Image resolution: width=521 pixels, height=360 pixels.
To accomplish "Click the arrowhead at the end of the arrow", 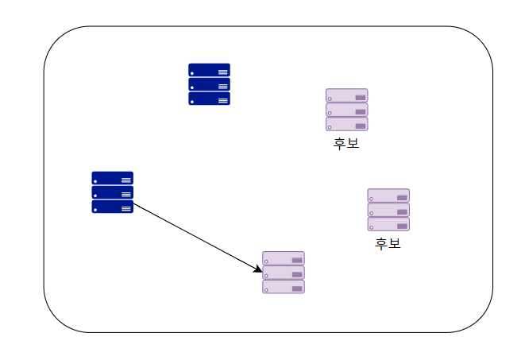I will (x=258, y=270).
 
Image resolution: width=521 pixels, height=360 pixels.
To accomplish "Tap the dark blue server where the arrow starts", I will (x=112, y=192).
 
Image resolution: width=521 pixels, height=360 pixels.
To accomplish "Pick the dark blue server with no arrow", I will (x=209, y=84).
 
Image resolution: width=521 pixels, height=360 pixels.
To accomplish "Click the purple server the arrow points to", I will (x=284, y=273).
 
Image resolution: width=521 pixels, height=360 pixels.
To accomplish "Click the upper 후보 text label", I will (x=346, y=144).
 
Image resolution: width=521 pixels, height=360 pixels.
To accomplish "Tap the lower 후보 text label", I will (x=388, y=243).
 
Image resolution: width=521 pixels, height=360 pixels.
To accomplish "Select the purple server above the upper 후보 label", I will (x=347, y=110).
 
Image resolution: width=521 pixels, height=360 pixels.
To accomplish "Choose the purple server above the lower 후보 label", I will (x=388, y=209).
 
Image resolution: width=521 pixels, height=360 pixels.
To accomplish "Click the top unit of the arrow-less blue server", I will (x=209, y=70).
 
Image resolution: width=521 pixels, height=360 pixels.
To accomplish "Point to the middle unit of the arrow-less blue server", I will (x=209, y=84).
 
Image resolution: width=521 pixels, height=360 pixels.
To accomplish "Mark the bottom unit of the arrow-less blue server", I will (x=209, y=99).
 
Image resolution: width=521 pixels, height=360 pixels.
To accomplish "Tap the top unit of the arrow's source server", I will (x=112, y=178).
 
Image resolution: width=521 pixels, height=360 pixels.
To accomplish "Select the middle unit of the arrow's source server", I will (x=112, y=192).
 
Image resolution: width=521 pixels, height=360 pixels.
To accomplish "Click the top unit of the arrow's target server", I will (x=284, y=258).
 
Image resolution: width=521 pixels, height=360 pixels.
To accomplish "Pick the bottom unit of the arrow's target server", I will (x=284, y=287).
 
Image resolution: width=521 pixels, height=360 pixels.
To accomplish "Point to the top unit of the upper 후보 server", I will (x=347, y=95).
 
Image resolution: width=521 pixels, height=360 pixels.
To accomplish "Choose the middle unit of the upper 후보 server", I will (x=347, y=110).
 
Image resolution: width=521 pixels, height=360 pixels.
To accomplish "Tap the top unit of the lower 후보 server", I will (x=388, y=195).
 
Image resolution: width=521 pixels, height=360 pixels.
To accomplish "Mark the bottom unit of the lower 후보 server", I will (x=388, y=224).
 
